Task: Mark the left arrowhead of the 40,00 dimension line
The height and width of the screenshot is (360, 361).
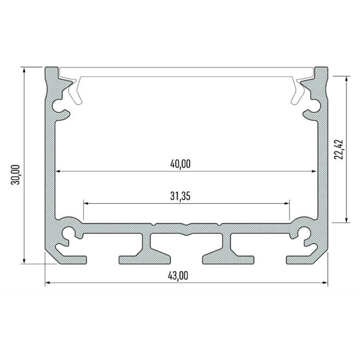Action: [x=60, y=172]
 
